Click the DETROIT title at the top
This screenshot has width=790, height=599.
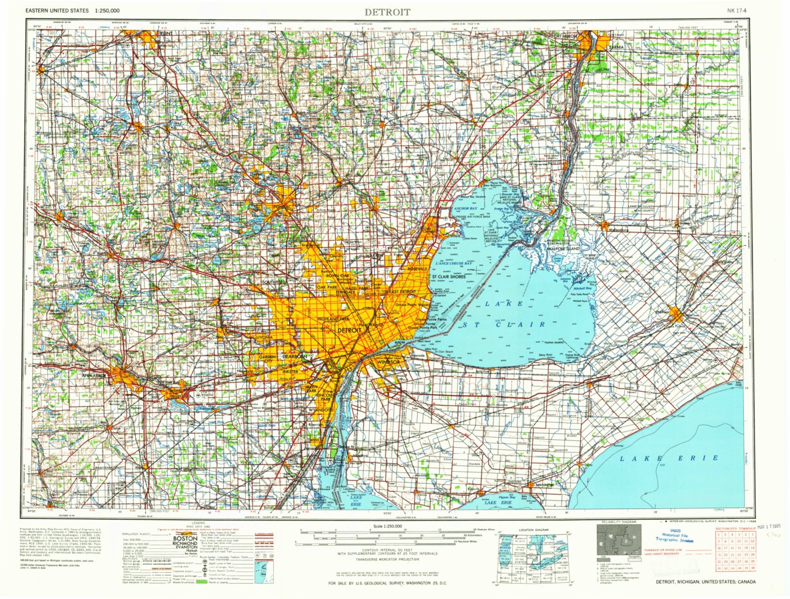click(387, 11)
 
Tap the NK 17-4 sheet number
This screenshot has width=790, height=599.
click(739, 11)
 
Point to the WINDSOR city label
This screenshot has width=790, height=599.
click(387, 361)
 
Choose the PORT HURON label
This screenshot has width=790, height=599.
click(566, 36)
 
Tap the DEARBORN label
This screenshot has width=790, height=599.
click(294, 357)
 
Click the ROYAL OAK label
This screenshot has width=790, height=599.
click(337, 275)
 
